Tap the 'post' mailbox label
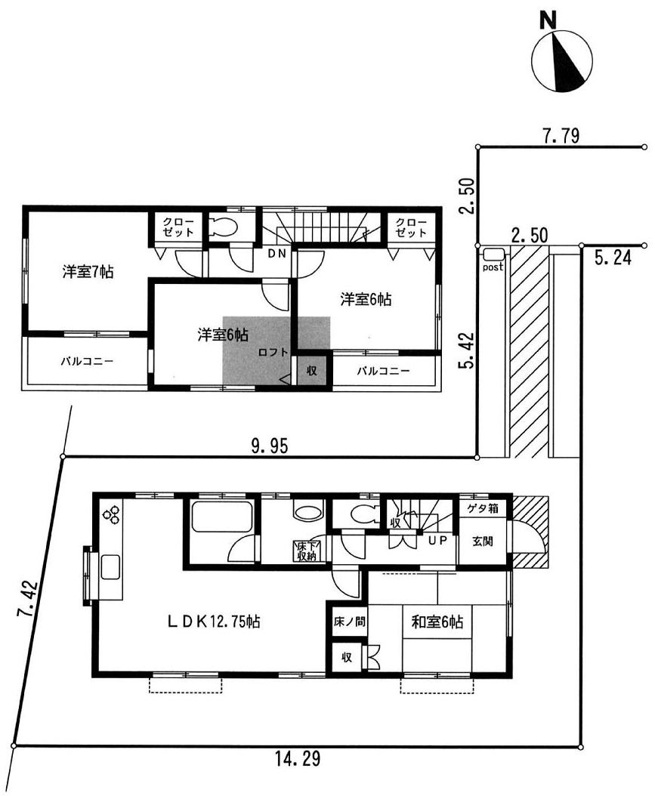click(493, 267)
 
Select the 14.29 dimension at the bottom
click(298, 759)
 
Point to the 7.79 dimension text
click(561, 135)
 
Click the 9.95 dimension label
click(269, 446)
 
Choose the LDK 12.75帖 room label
click(214, 621)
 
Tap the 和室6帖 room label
click(437, 622)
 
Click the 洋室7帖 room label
click(88, 272)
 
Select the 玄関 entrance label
click(482, 541)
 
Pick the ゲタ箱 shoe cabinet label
click(483, 508)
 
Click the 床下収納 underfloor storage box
click(307, 551)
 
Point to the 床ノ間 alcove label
click(350, 621)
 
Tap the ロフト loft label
click(273, 353)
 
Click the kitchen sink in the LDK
click(110, 567)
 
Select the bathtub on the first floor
click(221, 517)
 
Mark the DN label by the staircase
click(277, 253)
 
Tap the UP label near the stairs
click(437, 541)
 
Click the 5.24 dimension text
click(613, 258)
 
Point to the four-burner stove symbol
click(112, 514)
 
